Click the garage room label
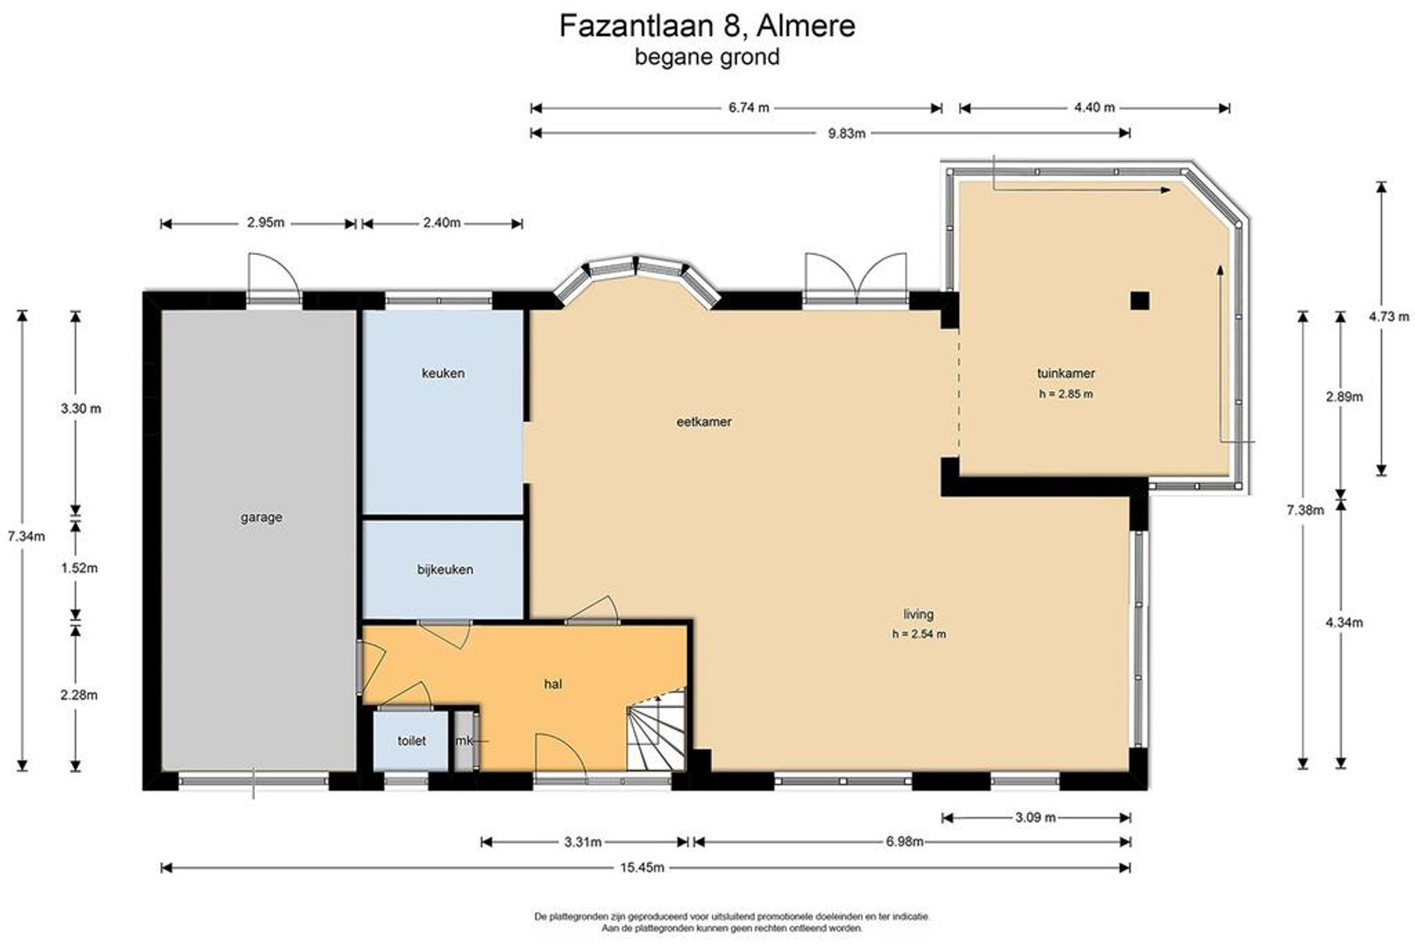(261, 518)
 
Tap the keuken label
(443, 373)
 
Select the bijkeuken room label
(445, 569)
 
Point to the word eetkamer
(704, 422)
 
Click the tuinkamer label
(1066, 373)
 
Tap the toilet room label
(411, 741)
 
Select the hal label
(553, 685)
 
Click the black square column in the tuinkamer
(1139, 301)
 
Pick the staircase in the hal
(656, 730)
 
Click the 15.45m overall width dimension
(642, 868)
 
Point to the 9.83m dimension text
(846, 134)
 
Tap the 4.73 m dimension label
(1389, 317)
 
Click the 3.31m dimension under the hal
(582, 842)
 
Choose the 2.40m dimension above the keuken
(442, 223)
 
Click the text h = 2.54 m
(918, 634)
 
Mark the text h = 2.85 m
(1066, 394)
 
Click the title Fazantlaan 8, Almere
(707, 26)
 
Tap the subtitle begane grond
(707, 57)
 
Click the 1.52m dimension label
(79, 569)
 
